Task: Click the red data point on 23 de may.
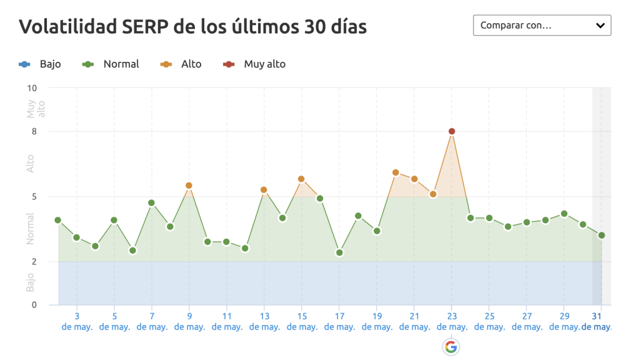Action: (x=452, y=131)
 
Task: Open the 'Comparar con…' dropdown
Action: (x=542, y=26)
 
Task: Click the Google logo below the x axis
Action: (x=451, y=347)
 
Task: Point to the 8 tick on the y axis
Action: (x=34, y=131)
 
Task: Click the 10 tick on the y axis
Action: (x=32, y=88)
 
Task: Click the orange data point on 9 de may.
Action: (x=189, y=186)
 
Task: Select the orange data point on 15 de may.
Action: (x=301, y=179)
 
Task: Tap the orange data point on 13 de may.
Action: (x=264, y=190)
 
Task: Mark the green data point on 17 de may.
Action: (x=339, y=252)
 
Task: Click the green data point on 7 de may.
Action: (x=151, y=202)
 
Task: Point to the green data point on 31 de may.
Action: (x=602, y=235)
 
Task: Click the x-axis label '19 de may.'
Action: (x=377, y=321)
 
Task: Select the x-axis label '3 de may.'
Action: (x=77, y=321)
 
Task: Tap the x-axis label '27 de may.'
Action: (x=527, y=321)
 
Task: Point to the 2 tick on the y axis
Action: (x=34, y=261)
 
